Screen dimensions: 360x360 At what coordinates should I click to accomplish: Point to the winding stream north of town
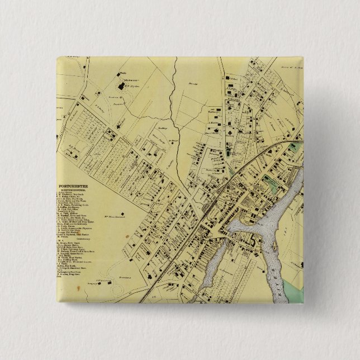pyautogui.click(x=177, y=140)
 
